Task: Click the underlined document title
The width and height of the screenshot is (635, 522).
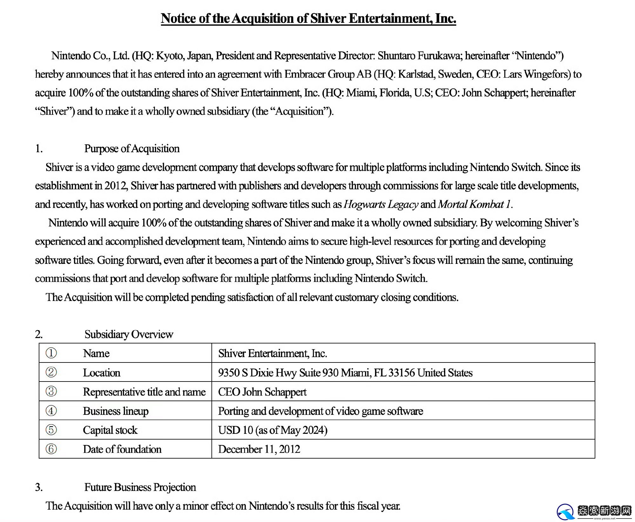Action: click(308, 18)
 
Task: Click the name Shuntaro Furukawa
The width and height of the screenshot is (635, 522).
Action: click(418, 56)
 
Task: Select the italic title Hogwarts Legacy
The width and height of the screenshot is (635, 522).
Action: click(381, 204)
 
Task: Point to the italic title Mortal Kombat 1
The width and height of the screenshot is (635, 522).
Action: click(474, 204)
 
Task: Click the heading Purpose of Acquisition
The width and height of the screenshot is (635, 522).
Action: click(132, 148)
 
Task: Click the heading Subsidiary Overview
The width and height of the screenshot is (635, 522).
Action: click(129, 334)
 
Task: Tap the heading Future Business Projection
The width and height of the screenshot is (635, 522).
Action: click(140, 487)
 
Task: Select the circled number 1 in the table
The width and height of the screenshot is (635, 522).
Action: click(51, 353)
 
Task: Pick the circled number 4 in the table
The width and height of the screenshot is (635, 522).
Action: click(51, 411)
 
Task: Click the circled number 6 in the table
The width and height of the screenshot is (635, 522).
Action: click(51, 449)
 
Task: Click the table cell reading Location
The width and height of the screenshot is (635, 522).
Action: click(102, 373)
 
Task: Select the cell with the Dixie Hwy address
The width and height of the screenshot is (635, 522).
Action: click(345, 373)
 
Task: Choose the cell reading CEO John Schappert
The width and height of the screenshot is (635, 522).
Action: click(262, 392)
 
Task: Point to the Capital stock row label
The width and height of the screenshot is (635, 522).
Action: click(110, 430)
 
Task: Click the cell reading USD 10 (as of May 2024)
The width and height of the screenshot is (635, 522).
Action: click(272, 430)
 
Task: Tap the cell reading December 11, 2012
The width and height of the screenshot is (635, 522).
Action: click(259, 449)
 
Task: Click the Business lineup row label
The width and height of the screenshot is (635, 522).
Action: click(116, 411)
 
